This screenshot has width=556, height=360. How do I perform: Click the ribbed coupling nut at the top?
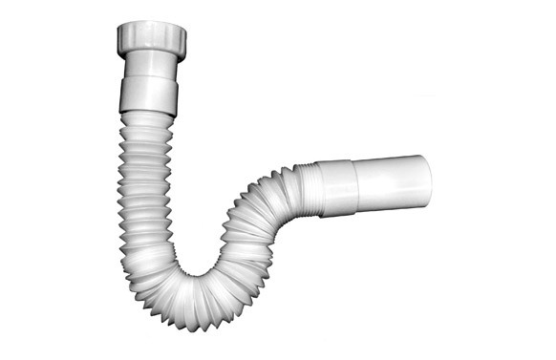[x=151, y=39]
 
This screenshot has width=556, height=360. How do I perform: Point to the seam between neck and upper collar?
[x=150, y=78]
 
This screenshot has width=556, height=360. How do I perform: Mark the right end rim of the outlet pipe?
[x=427, y=179]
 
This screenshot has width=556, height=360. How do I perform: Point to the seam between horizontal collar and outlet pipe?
[x=359, y=183]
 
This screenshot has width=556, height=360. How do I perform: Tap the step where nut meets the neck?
[x=151, y=55]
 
